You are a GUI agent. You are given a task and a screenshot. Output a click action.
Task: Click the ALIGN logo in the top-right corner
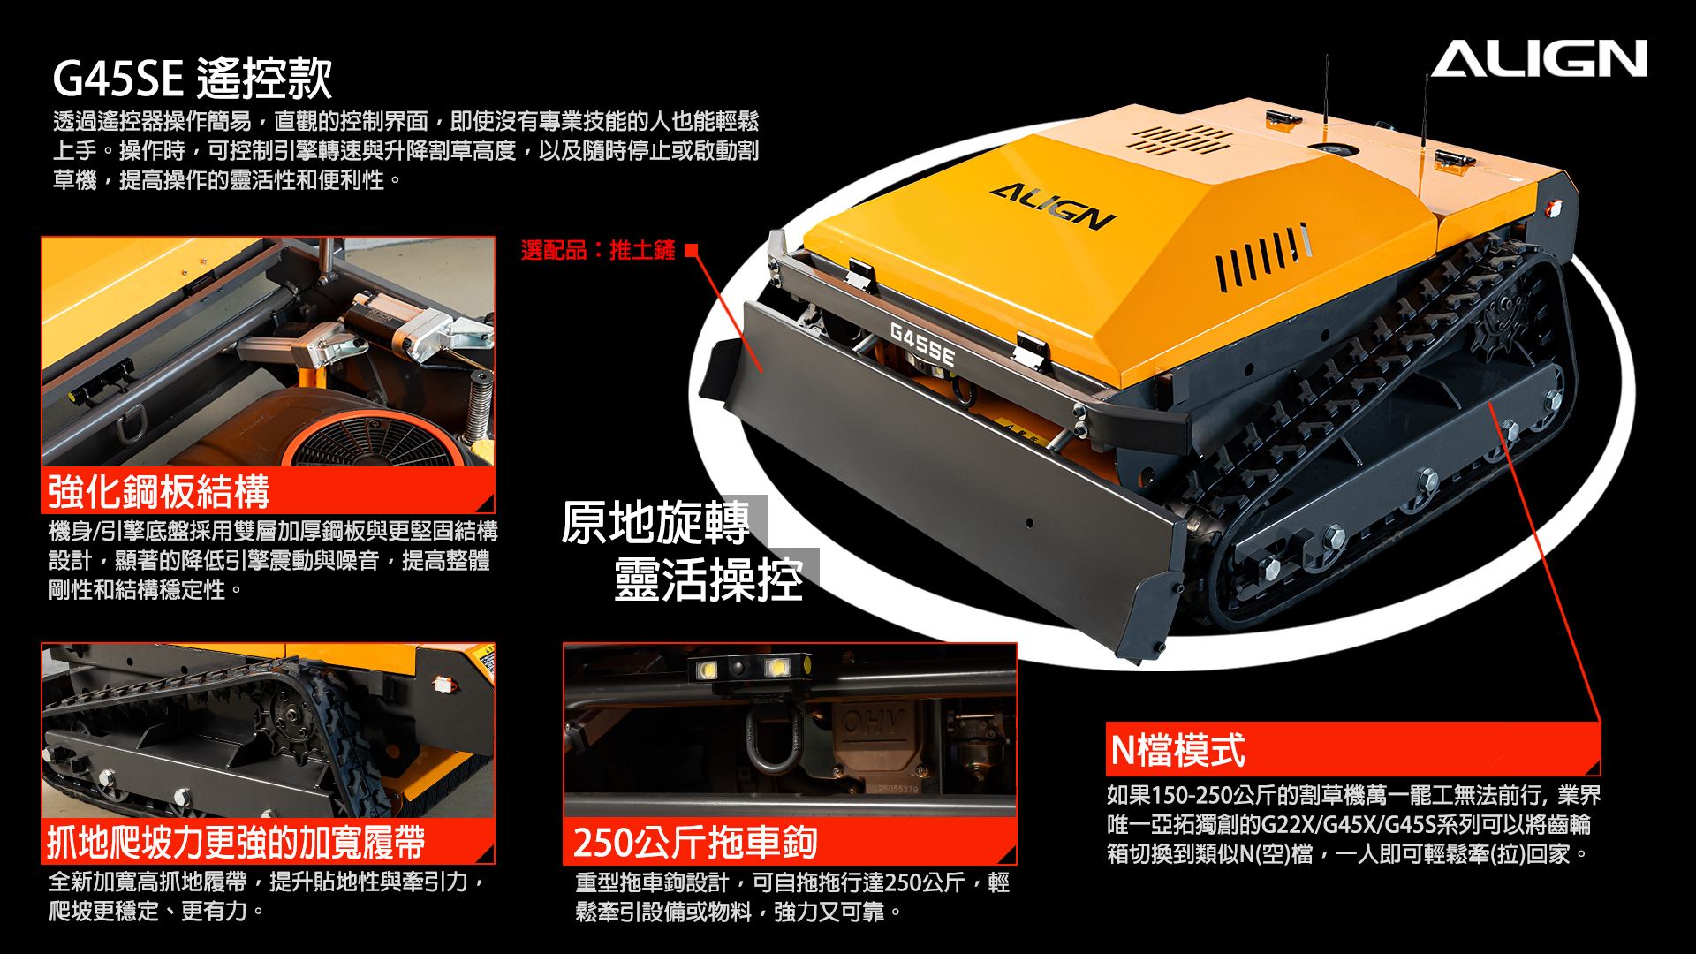coord(1539,58)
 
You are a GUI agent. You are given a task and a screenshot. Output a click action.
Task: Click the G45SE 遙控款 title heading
coord(193,78)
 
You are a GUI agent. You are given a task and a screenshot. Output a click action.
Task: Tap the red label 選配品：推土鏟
coord(598,250)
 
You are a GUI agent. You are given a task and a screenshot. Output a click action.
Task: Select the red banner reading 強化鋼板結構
coord(268,491)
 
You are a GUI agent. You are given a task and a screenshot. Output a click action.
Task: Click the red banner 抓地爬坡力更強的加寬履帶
coord(268,842)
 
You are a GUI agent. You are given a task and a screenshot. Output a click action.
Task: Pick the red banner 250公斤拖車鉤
coord(790,842)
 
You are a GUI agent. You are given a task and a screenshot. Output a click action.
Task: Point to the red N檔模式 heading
coord(1352,750)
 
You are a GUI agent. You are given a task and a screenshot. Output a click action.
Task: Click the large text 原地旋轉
coord(655,522)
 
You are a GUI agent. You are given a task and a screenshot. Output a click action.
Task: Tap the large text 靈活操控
coord(708,579)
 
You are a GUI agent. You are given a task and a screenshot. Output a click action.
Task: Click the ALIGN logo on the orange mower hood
coord(1053,206)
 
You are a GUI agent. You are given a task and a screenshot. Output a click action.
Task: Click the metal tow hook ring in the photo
coord(774,738)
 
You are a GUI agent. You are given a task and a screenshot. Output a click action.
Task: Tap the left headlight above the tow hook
coord(708,669)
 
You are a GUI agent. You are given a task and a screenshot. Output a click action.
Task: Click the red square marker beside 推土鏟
coord(691,250)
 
